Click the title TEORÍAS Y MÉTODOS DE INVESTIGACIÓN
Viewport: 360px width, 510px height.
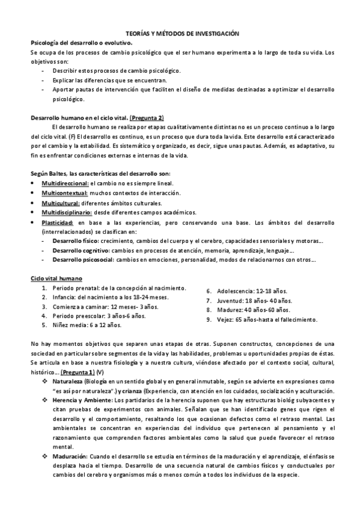click(181, 35)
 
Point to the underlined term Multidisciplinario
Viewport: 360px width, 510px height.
click(66, 212)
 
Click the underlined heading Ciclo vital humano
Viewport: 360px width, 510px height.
click(57, 278)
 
